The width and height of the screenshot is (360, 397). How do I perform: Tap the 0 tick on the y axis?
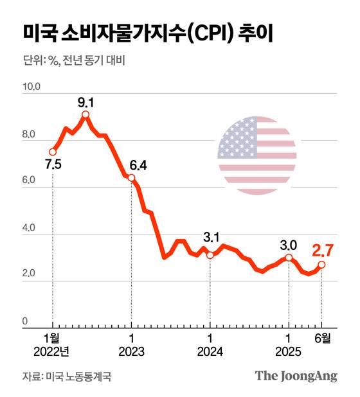(x=25, y=321)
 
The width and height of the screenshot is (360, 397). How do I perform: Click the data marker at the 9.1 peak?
(x=85, y=115)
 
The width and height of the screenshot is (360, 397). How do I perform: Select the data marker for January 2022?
(x=53, y=152)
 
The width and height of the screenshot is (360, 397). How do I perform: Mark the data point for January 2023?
(x=131, y=178)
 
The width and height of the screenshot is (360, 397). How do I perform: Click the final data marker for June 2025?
(x=321, y=265)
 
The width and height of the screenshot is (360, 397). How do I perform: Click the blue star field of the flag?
(x=237, y=139)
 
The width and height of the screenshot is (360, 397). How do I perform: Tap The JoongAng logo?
(x=296, y=376)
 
